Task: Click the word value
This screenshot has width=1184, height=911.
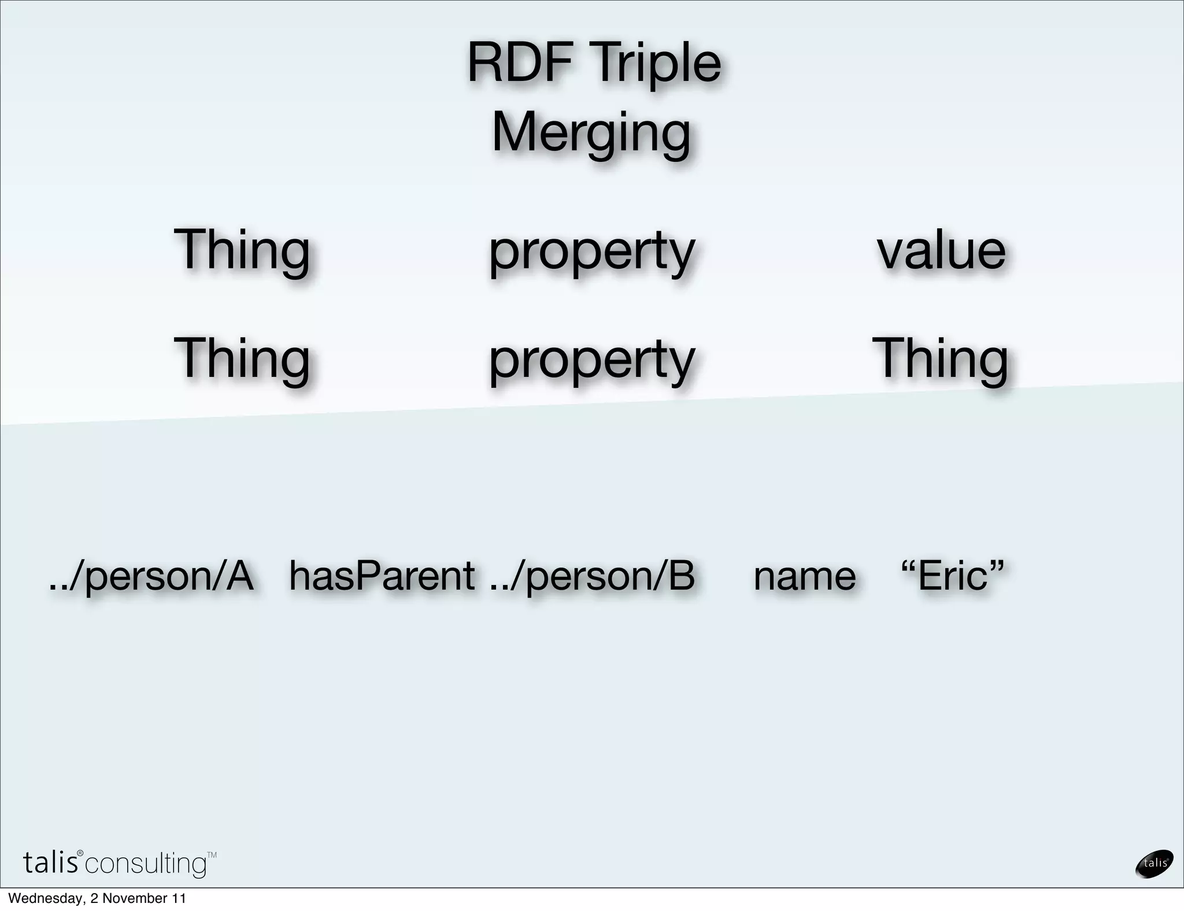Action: [x=941, y=250]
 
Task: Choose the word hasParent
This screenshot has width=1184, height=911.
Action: [x=382, y=576]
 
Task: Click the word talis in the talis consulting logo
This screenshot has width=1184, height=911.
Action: [x=51, y=862]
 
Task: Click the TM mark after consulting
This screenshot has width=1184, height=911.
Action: [x=212, y=855]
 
